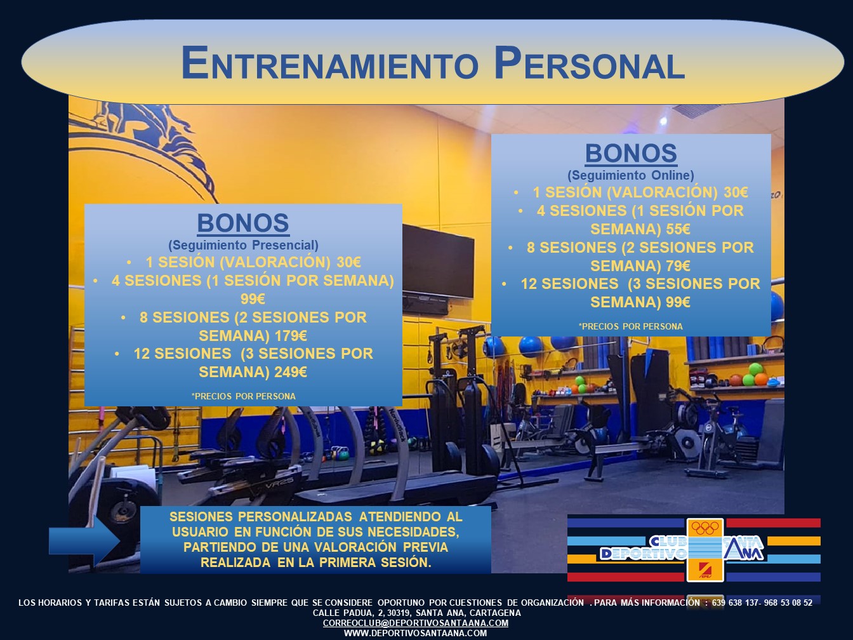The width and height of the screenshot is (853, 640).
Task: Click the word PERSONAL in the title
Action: tap(589, 63)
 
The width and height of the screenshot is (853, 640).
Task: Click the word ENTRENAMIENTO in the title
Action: tap(329, 63)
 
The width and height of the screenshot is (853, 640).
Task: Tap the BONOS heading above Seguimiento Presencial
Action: tap(243, 223)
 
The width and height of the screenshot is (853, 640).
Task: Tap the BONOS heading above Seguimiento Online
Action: tap(631, 153)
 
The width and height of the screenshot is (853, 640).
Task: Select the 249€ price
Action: tap(291, 372)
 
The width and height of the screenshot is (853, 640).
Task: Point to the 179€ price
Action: tap(291, 336)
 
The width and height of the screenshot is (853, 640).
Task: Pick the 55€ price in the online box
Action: tap(678, 229)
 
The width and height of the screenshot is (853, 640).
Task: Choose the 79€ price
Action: tap(678, 266)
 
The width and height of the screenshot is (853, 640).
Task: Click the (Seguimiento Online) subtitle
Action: tap(631, 176)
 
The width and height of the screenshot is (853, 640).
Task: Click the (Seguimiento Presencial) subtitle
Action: tap(243, 246)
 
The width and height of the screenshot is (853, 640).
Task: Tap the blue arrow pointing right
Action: tap(84, 541)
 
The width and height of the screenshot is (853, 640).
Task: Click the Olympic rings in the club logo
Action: tap(705, 528)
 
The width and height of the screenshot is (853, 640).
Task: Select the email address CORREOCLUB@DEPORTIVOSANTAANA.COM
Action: tap(416, 623)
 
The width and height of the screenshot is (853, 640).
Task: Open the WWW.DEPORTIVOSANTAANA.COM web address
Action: tap(416, 633)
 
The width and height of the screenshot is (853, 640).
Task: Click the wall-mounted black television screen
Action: tap(438, 261)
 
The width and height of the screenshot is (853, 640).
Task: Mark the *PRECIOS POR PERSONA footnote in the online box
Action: tap(630, 326)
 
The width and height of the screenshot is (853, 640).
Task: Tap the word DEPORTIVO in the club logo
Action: tap(643, 554)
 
